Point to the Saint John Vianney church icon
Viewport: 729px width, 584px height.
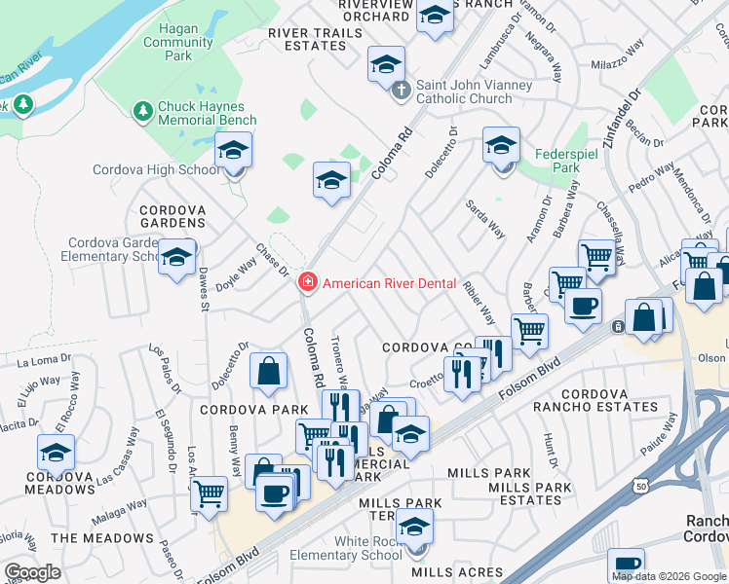pos(400,91)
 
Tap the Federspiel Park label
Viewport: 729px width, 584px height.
pos(558,161)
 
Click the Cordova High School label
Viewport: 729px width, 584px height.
pos(156,169)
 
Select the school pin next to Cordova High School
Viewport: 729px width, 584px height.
pos(234,152)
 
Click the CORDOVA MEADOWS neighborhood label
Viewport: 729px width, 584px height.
pos(58,484)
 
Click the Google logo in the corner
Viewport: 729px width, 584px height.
pos(32,572)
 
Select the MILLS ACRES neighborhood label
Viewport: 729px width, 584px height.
pos(456,572)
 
